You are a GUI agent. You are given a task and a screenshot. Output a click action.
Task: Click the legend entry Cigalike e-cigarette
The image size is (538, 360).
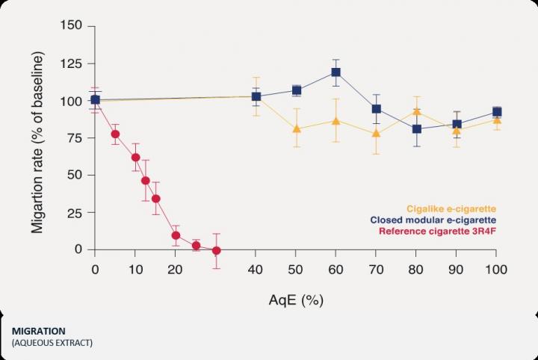click(451, 208)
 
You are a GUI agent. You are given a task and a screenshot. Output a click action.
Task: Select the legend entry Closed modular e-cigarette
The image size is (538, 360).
click(434, 220)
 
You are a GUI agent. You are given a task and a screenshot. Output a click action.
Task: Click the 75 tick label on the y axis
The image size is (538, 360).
click(78, 137)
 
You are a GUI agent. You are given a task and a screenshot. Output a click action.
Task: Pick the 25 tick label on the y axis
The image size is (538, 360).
click(78, 212)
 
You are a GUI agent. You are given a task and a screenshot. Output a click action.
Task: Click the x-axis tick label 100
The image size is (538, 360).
click(495, 269)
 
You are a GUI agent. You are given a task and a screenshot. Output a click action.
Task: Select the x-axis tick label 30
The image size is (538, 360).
click(215, 269)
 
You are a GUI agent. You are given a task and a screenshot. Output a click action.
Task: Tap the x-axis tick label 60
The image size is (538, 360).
click(336, 269)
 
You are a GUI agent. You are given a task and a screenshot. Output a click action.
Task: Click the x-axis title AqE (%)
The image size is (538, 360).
click(296, 300)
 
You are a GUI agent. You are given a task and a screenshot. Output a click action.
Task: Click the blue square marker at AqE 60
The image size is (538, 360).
click(336, 72)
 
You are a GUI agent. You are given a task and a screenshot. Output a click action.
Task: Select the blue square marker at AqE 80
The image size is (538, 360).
click(416, 129)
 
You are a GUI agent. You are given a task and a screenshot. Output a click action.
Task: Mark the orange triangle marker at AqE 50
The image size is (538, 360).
click(296, 128)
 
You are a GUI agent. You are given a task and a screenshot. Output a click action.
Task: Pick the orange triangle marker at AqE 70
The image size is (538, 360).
click(376, 134)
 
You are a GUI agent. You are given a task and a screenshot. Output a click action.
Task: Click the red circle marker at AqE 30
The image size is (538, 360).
click(216, 251)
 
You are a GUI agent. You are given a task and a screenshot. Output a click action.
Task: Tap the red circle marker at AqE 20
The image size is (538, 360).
click(176, 235)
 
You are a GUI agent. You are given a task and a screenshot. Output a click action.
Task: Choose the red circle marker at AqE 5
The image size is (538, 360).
click(115, 134)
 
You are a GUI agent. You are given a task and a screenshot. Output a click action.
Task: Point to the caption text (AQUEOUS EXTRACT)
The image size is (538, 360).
click(52, 343)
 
